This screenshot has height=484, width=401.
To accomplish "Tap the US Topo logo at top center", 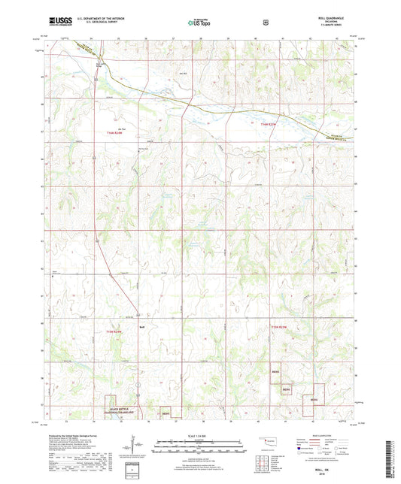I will pos(199,23).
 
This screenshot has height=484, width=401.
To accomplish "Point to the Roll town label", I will pos(142,327).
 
